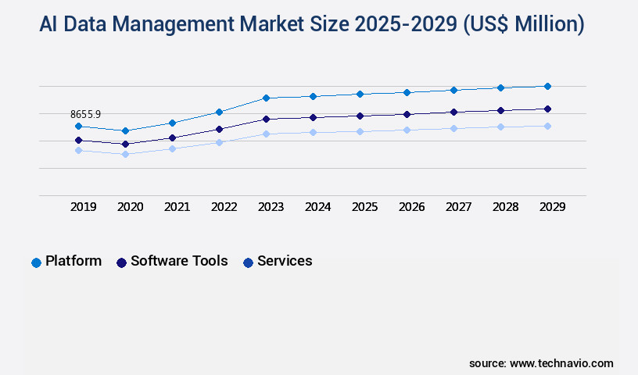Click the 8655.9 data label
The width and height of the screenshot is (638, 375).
tap(86, 114)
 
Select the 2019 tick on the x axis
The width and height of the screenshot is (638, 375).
tap(84, 207)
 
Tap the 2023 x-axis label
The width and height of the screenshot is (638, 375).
tap(271, 207)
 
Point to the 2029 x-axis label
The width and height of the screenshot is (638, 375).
tap(552, 207)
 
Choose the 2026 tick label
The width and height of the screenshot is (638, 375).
tap(411, 207)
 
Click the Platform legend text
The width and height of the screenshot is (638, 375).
tap(73, 261)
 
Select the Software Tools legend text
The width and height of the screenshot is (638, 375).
tap(179, 261)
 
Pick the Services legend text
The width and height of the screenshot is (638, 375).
tap(285, 261)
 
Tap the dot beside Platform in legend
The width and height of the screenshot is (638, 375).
tap(36, 262)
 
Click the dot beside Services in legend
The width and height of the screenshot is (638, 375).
tap(248, 262)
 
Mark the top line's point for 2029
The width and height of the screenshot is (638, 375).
tap(547, 86)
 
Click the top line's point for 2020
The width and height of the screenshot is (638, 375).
tap(125, 130)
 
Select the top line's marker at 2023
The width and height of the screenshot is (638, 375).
tap(266, 98)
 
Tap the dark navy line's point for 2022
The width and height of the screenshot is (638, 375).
tap(219, 129)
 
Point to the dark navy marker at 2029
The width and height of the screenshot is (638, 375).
tap(547, 109)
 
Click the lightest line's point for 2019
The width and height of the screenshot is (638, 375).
tap(78, 150)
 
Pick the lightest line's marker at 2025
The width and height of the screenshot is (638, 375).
tap(360, 131)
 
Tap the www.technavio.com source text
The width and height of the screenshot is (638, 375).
tap(561, 363)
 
